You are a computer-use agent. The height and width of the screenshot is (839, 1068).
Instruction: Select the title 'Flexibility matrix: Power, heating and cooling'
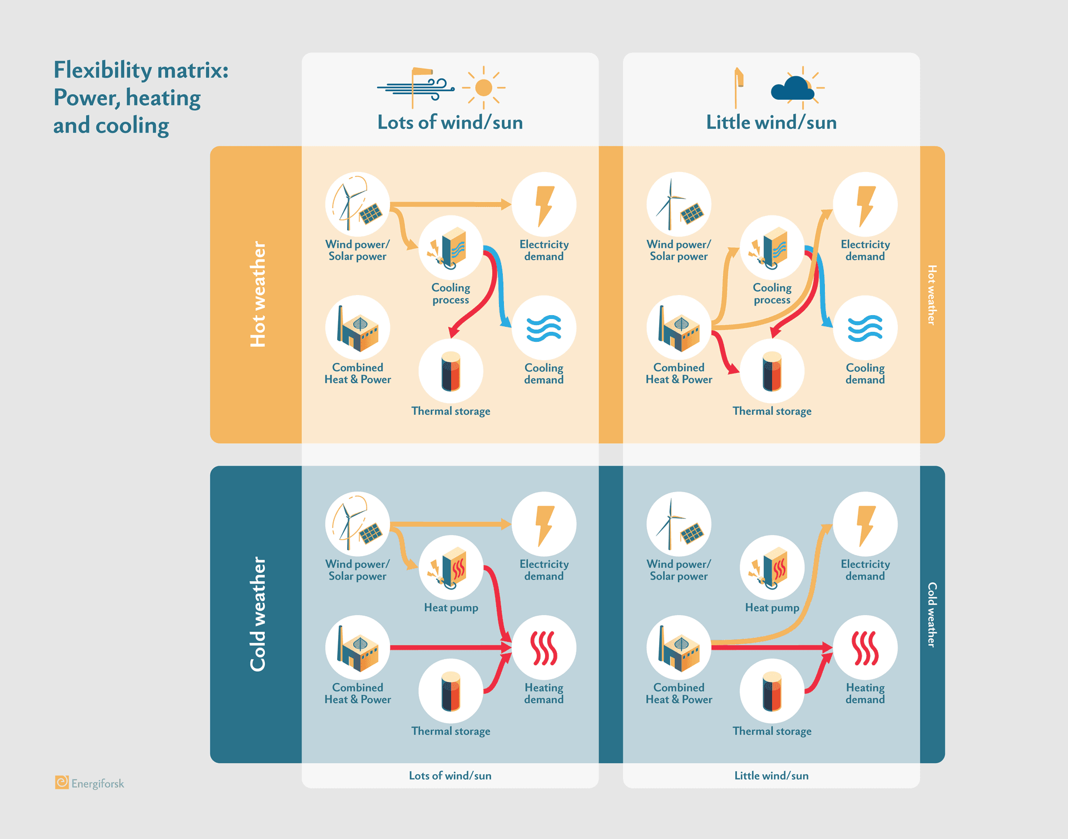[140, 97]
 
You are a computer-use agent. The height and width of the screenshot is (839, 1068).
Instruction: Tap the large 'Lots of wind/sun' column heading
[450, 122]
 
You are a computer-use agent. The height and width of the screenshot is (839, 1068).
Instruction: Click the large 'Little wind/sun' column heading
[771, 122]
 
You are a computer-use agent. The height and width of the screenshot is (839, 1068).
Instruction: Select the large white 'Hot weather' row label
[258, 294]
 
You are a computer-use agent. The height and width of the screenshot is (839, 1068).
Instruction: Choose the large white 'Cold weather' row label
[258, 614]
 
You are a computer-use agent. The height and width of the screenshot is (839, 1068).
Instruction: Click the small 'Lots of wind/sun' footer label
[450, 776]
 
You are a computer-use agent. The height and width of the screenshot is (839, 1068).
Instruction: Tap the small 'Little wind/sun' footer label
[771, 776]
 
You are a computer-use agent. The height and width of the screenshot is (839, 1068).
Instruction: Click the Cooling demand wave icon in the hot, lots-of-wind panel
[543, 328]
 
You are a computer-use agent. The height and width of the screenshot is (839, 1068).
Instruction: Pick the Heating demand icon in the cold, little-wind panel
[865, 647]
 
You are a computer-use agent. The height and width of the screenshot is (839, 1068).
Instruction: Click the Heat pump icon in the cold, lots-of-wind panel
[451, 567]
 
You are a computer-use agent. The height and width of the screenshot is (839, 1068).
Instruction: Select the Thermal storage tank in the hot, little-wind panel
[772, 371]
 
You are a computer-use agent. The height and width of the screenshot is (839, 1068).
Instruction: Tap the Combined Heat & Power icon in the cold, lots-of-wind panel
[358, 647]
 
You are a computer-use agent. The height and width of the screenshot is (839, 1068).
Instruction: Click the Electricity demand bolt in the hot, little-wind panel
[865, 205]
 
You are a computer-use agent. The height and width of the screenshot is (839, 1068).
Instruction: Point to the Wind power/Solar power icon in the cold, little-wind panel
[679, 524]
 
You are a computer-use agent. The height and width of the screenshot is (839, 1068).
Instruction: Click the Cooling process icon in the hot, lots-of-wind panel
[451, 248]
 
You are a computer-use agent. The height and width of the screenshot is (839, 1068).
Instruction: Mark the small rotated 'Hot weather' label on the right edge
[932, 295]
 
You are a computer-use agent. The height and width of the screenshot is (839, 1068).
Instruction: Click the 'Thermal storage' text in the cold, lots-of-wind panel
[451, 731]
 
